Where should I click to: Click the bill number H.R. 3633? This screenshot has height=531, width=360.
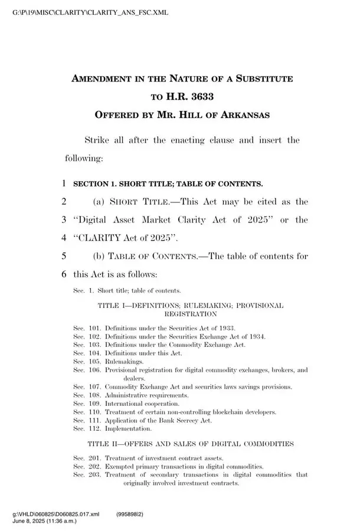[195, 96]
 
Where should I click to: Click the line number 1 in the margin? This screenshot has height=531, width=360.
[63, 183]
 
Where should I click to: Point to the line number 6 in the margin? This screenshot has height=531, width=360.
[63, 275]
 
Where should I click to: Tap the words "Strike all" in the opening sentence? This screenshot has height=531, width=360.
[104, 140]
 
